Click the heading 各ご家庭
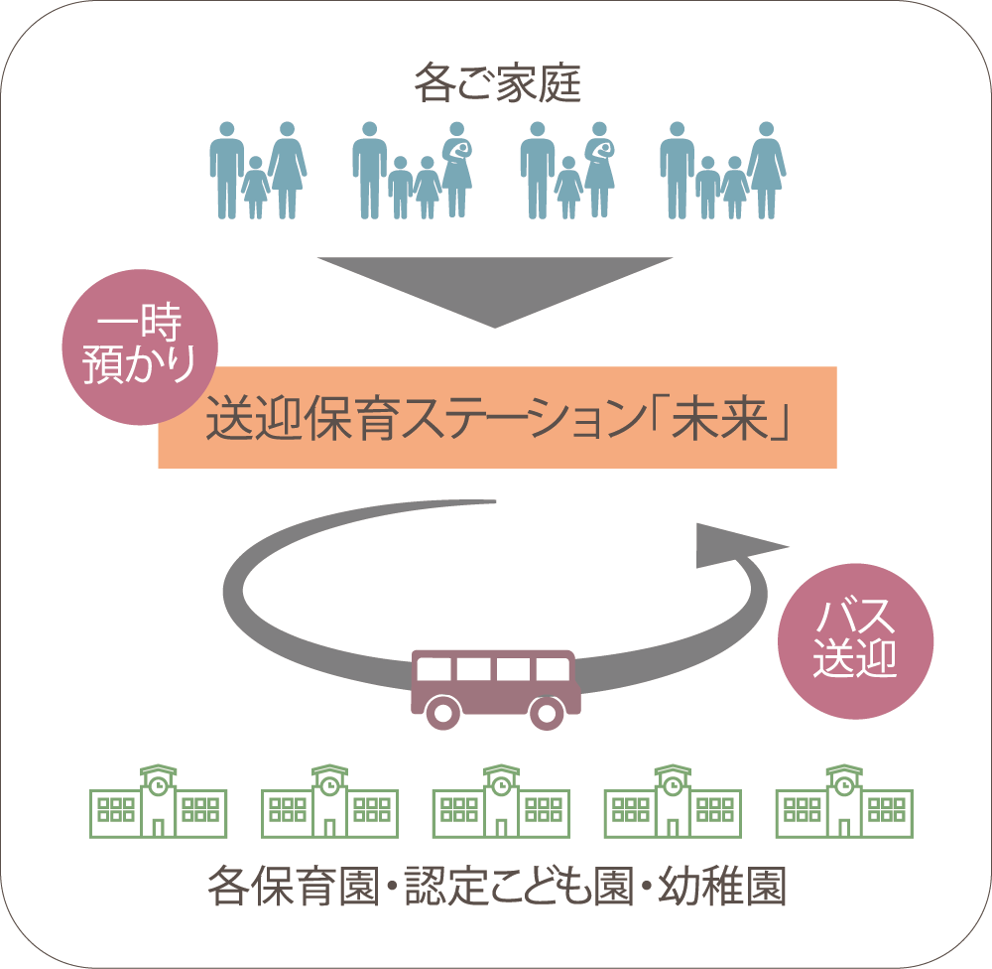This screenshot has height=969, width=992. (x=497, y=85)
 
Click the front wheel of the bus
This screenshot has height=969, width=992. (x=545, y=711)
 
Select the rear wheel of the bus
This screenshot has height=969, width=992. (x=442, y=711)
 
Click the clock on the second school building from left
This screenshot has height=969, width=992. (x=329, y=785)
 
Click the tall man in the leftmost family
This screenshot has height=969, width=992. (x=226, y=169)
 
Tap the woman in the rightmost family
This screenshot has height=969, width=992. (x=766, y=169)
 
